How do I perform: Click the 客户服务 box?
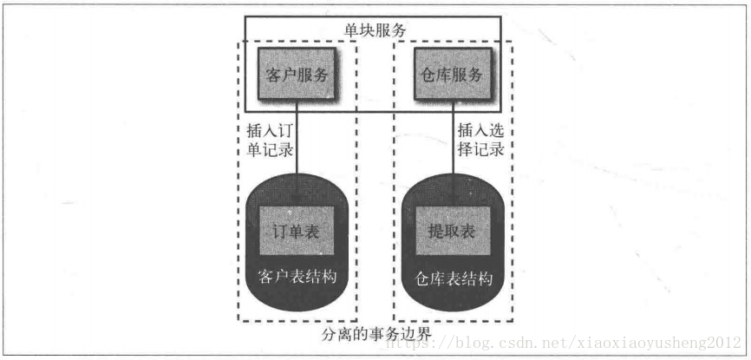297,75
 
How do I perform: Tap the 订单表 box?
297,232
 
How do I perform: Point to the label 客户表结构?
297,278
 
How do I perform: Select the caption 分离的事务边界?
375,334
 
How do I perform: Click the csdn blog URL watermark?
565,343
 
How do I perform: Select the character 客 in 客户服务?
270,75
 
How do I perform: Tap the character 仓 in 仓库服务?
422,75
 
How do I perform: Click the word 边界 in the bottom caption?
418,334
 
